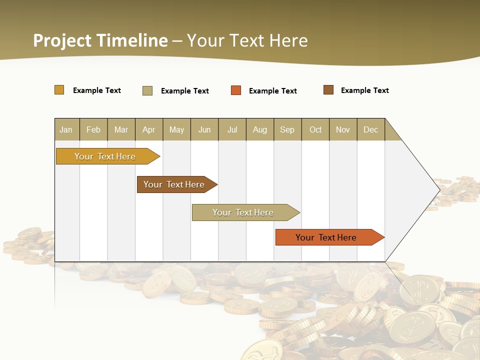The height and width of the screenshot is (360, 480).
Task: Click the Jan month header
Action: coord(66,129)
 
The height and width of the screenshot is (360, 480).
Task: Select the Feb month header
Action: coord(93,129)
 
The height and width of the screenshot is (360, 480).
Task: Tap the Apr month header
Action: coord(149,129)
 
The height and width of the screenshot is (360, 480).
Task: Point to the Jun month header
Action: coord(204,129)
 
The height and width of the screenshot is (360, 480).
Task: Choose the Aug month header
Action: coord(260,129)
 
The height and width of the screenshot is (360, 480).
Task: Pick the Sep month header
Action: coord(287,129)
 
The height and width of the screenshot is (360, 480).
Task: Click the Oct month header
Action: coord(315,129)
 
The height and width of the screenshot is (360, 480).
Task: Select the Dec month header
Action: coord(371,129)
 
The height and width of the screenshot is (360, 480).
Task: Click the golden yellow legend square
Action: coord(59,90)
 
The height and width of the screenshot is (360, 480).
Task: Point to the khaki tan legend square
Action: coord(147,90)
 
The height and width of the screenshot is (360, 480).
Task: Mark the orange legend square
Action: coord(236,90)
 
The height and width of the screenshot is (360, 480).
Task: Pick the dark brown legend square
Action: coord(328,90)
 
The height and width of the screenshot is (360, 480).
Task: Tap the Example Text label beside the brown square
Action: coord(364,90)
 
